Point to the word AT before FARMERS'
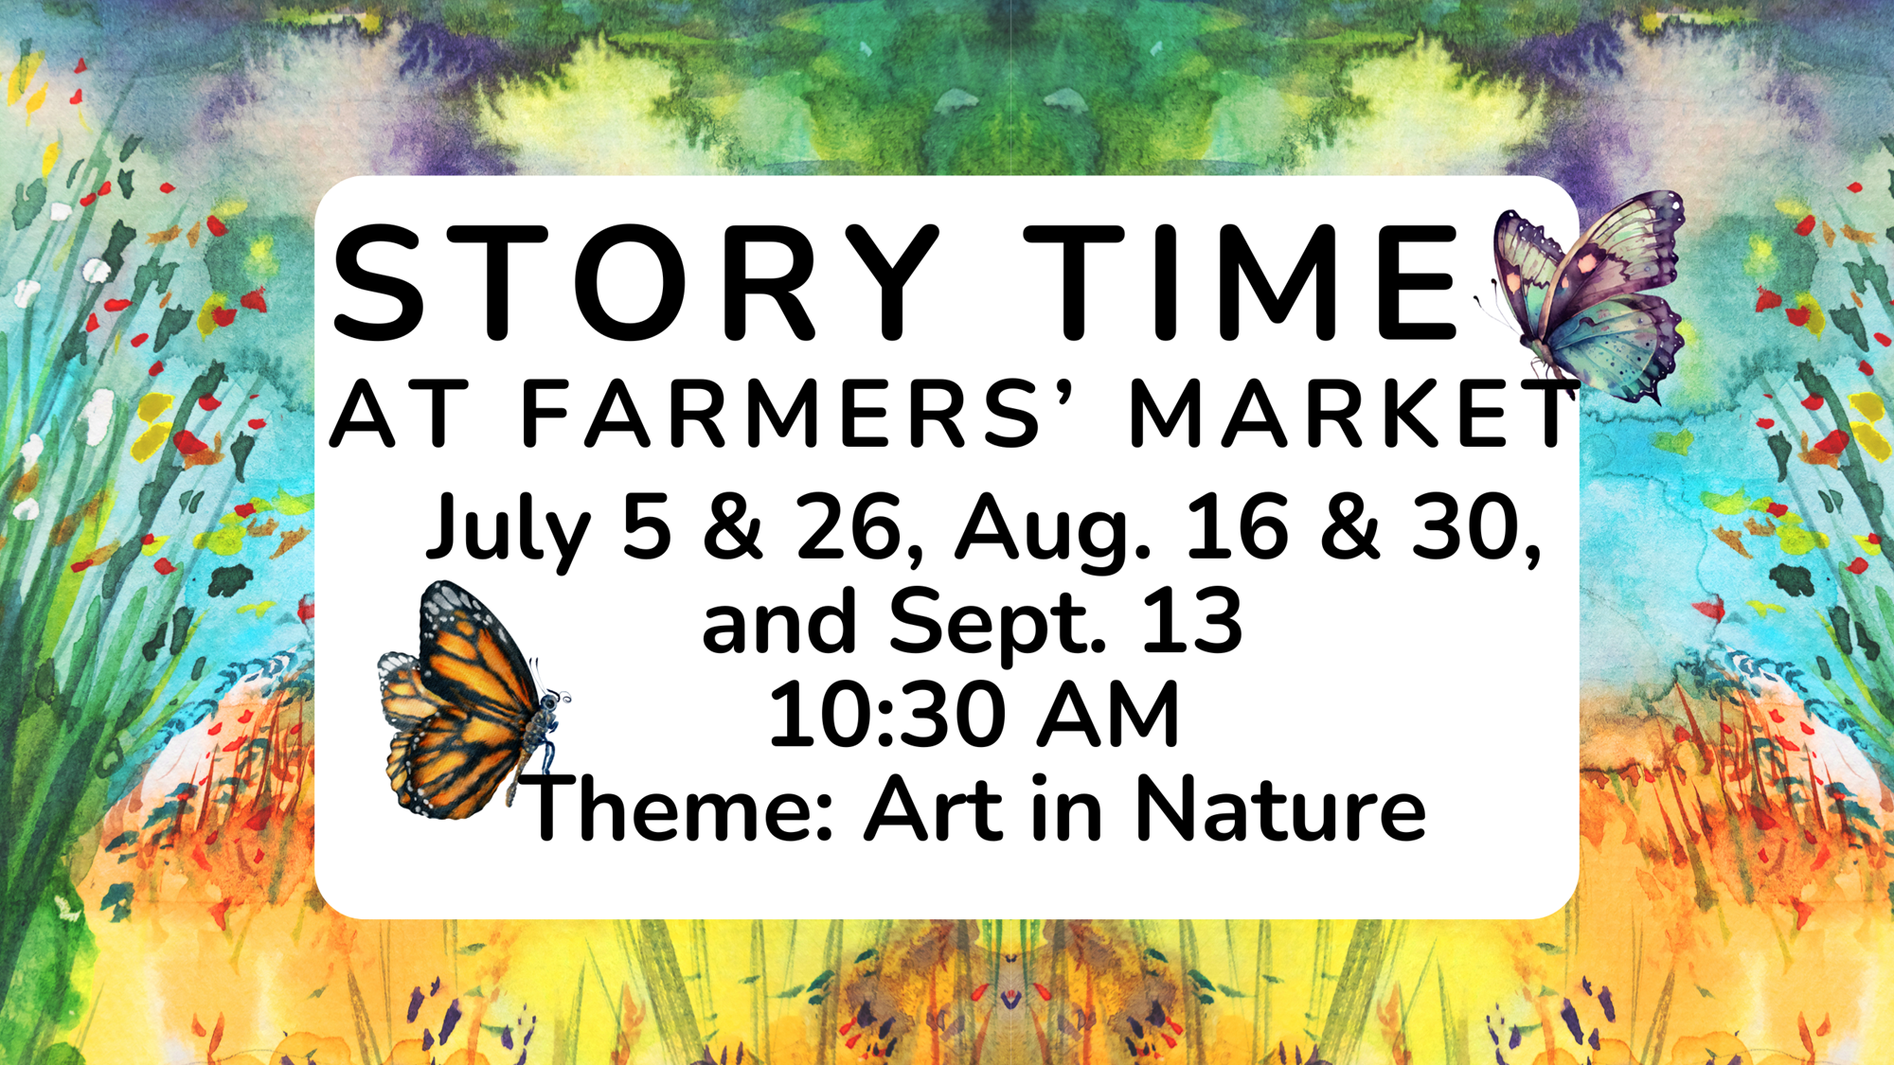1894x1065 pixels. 399,413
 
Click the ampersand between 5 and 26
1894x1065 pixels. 732,527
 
